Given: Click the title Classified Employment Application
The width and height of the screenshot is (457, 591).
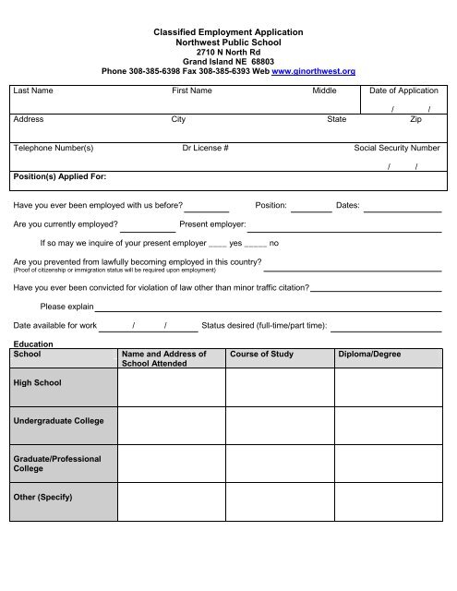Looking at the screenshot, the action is click(x=228, y=32).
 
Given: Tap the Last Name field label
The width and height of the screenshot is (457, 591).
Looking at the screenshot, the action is click(x=33, y=91).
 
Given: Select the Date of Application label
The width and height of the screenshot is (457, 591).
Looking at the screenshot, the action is click(x=403, y=91).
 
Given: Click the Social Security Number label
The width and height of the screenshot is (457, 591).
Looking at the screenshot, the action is click(x=397, y=148).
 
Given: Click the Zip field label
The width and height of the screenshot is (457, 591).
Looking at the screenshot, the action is click(x=415, y=119).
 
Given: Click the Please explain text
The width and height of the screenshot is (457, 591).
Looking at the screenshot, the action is click(x=66, y=306).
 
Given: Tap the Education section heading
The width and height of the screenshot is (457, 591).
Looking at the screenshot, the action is click(x=33, y=344).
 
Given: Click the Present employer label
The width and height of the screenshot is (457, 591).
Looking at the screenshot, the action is click(x=212, y=223).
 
